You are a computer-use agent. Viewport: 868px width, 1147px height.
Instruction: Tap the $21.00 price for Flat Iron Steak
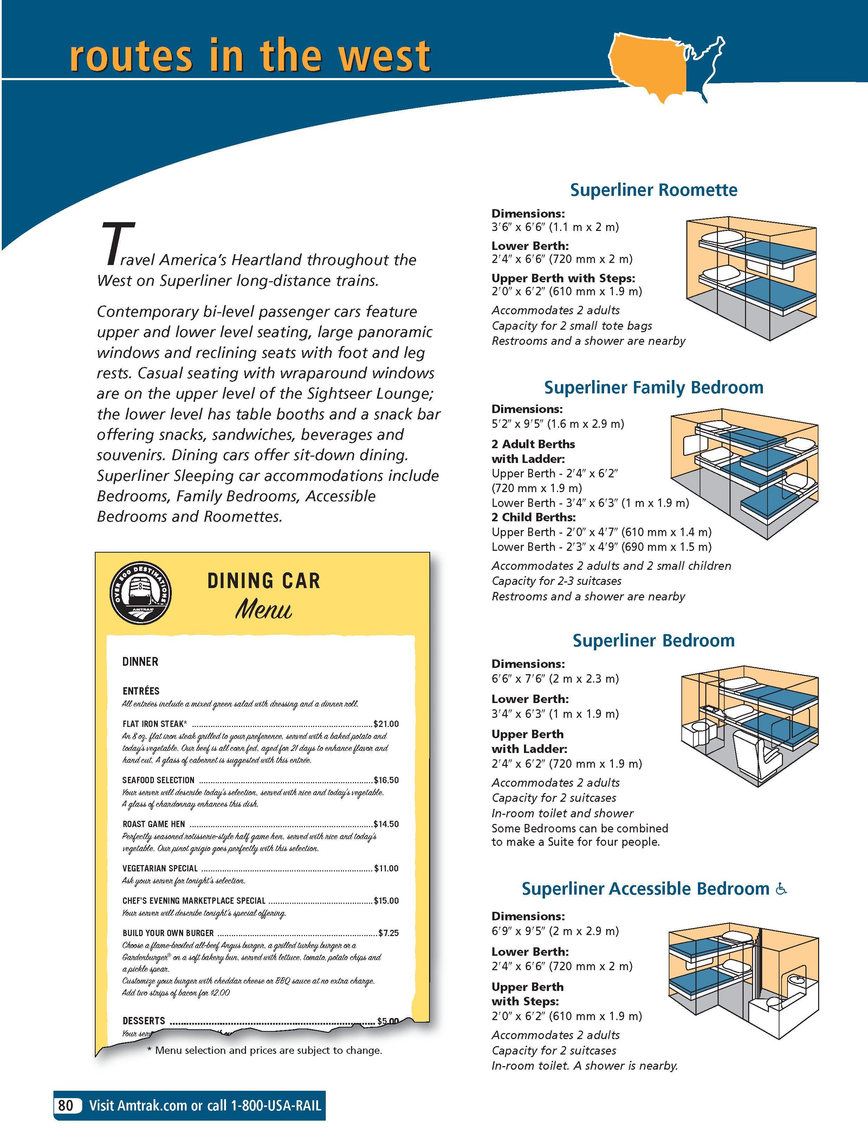386,724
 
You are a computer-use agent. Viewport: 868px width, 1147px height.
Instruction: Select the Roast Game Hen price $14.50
386,824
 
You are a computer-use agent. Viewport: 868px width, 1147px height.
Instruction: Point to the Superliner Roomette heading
653,190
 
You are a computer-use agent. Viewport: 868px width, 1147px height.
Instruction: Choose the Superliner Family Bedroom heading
653,387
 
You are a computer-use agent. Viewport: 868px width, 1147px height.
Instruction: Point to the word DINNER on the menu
140,662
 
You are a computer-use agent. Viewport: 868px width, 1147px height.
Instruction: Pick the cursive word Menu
264,610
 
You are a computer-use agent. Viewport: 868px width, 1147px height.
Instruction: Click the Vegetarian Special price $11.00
386,868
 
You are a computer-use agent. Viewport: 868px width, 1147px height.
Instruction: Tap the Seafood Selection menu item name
158,780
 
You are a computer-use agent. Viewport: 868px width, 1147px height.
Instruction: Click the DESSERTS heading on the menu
144,1020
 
